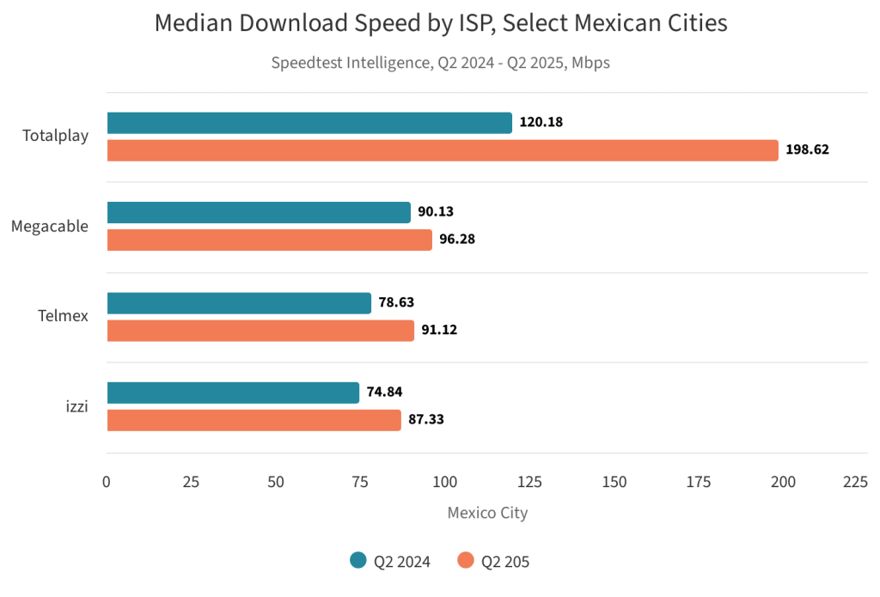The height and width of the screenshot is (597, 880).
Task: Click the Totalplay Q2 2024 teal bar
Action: click(309, 123)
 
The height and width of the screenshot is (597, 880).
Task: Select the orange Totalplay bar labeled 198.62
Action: click(443, 150)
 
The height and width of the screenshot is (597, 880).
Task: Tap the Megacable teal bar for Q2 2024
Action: click(259, 212)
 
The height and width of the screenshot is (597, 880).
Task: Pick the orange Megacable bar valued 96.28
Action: click(269, 240)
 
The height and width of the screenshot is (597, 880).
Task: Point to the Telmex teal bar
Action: click(239, 303)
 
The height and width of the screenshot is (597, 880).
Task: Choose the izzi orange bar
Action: click(254, 420)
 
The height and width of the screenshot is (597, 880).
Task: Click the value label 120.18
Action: click(541, 123)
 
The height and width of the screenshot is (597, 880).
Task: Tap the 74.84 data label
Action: click(384, 393)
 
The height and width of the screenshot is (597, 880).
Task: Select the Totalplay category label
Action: click(56, 136)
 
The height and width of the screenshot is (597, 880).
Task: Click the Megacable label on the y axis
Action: click(50, 227)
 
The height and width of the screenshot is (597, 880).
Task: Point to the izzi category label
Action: click(77, 406)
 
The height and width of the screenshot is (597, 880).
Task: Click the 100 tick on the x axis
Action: click(445, 482)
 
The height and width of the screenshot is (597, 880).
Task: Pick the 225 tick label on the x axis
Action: click(855, 482)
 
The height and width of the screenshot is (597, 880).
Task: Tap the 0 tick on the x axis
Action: click(107, 482)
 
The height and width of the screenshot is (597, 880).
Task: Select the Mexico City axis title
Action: click(487, 513)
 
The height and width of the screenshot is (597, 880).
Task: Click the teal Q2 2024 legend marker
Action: click(358, 561)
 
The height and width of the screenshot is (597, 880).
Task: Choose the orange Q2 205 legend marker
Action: click(466, 561)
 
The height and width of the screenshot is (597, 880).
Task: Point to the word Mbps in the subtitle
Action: click(591, 63)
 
